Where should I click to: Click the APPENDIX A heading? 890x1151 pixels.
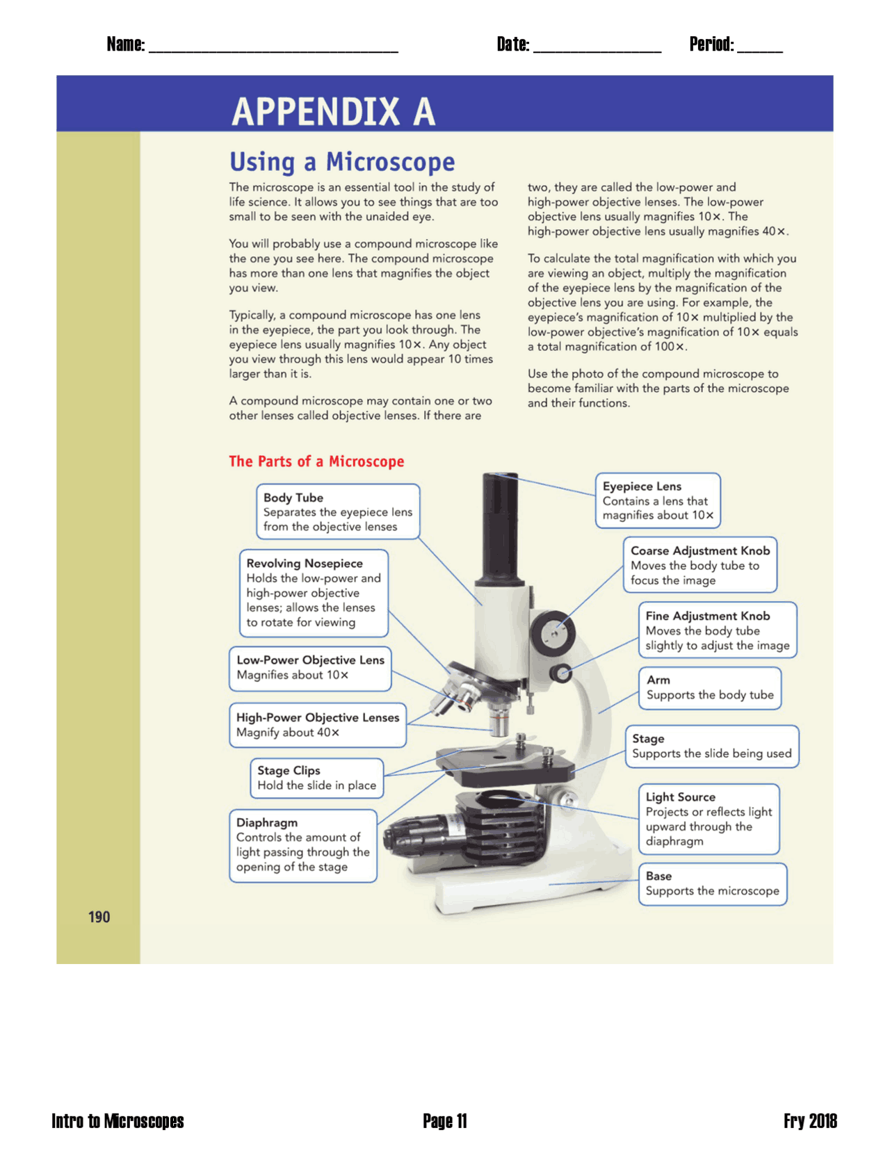(x=333, y=111)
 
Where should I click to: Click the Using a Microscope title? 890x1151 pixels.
(x=342, y=161)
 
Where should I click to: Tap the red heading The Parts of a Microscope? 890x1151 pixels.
(x=316, y=462)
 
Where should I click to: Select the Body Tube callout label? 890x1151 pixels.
(x=293, y=498)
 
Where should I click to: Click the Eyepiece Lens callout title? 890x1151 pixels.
(x=642, y=487)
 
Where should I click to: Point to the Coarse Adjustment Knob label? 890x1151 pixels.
(x=699, y=550)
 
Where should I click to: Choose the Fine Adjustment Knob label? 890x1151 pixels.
(x=707, y=616)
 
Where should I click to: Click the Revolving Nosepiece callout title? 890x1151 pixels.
(x=304, y=564)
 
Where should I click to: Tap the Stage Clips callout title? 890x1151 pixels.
(x=289, y=770)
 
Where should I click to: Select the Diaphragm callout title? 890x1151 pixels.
(x=266, y=822)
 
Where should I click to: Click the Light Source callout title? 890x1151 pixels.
(x=680, y=797)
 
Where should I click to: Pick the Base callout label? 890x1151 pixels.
(x=658, y=876)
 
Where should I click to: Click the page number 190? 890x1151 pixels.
(x=99, y=917)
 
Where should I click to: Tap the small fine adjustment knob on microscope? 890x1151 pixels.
(x=561, y=672)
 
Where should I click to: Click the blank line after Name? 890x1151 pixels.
(x=273, y=47)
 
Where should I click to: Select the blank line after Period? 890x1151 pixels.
(x=759, y=47)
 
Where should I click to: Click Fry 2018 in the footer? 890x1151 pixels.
(x=809, y=1120)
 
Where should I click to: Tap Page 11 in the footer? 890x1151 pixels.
(x=444, y=1120)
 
